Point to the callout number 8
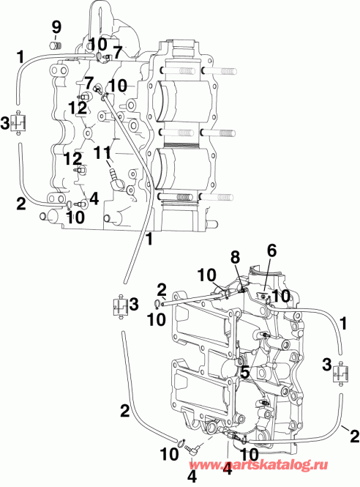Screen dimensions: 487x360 pyautogui.click(x=235, y=257)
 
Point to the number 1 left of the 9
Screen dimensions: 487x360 pyautogui.click(x=20, y=55)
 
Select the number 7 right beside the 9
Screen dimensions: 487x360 pyautogui.click(x=118, y=52)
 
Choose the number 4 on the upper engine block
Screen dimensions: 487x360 pyautogui.click(x=94, y=198)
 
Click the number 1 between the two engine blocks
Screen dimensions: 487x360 pyautogui.click(x=149, y=237)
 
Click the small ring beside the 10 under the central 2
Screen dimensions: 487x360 pyautogui.click(x=158, y=304)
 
